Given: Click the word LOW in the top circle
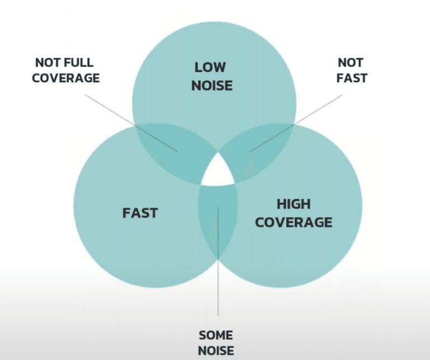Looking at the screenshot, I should click(211, 68).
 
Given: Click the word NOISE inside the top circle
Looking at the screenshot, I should click(211, 86).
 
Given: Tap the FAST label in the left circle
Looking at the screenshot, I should click(140, 213).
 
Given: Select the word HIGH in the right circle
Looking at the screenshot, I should click(293, 203).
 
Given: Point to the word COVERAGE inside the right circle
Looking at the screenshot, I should click(293, 222).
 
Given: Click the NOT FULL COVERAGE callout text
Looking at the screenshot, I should click(66, 70).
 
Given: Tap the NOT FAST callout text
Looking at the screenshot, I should click(350, 70).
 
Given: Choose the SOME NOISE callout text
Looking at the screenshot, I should click(216, 343).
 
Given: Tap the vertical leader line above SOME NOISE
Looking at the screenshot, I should click(218, 280).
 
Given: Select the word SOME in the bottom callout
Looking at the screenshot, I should click(216, 335).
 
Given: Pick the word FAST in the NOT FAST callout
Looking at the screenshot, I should click(351, 78).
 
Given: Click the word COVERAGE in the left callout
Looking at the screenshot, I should click(66, 78).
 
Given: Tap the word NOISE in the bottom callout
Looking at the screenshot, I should click(216, 352).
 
